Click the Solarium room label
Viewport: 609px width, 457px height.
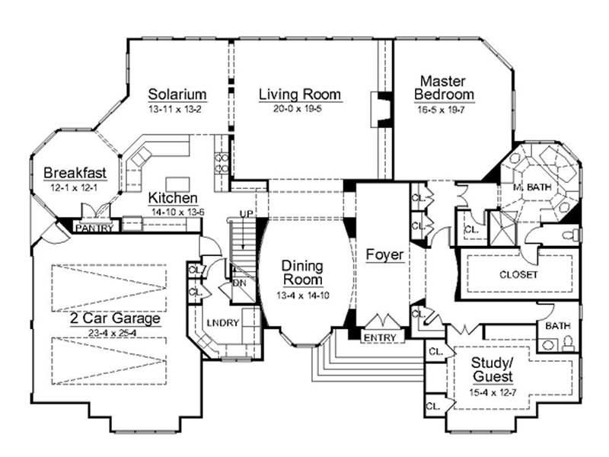pos(177,94)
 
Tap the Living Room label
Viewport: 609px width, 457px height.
pos(299,94)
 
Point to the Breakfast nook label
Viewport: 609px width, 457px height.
pos(74,172)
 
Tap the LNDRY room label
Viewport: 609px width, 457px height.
pos(223,323)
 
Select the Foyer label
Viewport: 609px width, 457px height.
pos(384,254)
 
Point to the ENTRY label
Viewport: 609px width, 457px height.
pos(378,337)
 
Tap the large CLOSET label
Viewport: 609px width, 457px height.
pos(518,274)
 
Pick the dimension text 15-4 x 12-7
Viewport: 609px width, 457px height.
pos(492,393)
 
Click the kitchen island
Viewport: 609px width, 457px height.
pos(177,183)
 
